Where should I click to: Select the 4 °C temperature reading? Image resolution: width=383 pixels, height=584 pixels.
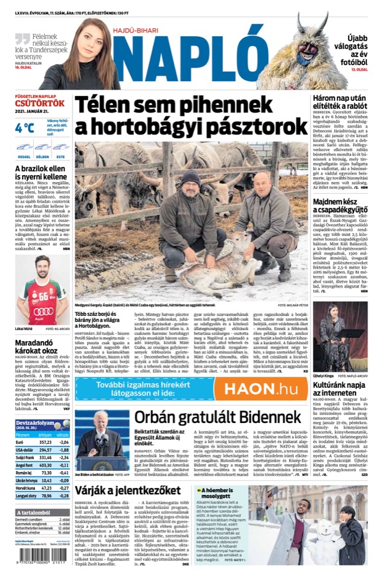(25, 128)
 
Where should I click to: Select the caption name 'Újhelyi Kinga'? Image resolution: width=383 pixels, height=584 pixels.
(325, 358)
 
